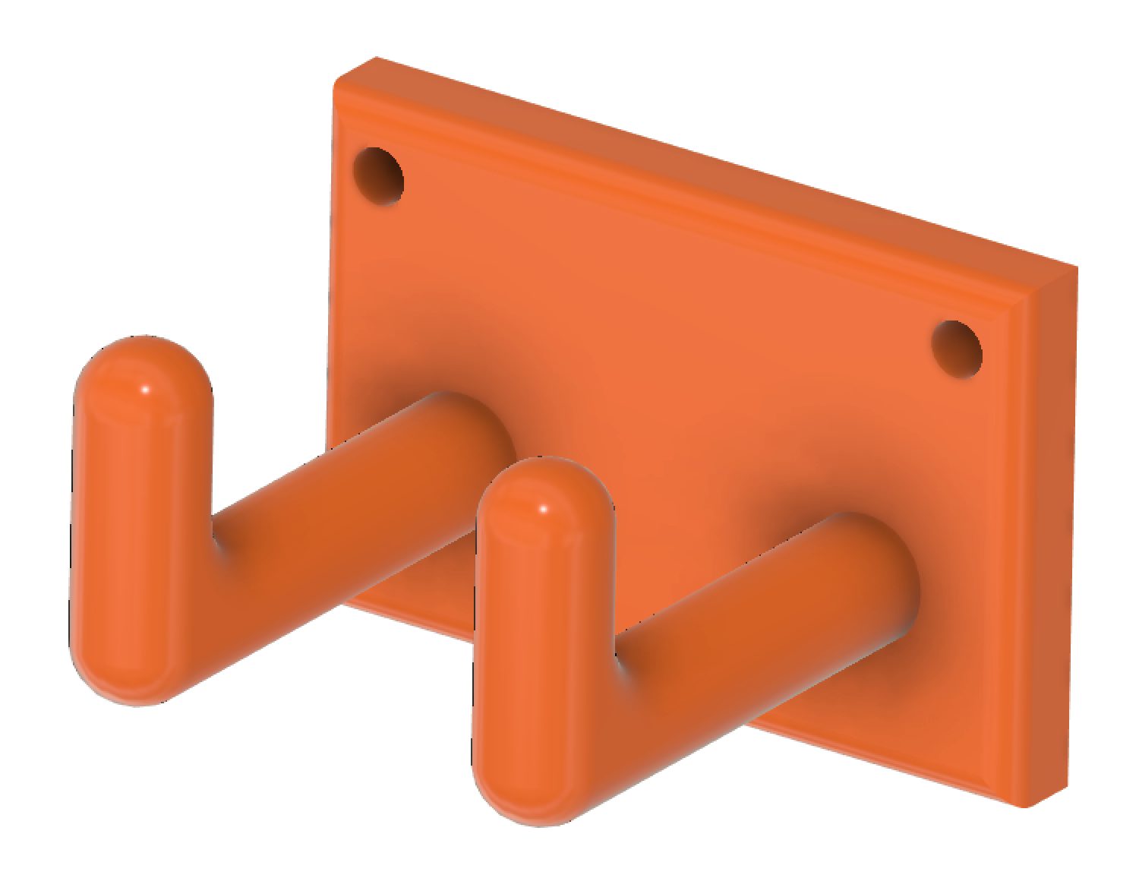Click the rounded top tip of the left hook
click(x=142, y=365)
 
